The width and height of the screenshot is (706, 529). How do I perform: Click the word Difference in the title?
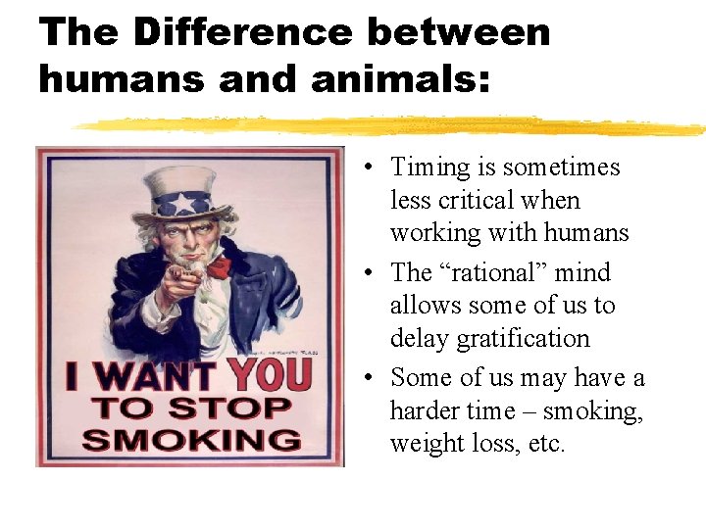pyautogui.click(x=241, y=32)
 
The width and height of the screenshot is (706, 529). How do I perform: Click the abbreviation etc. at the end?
pyautogui.click(x=546, y=444)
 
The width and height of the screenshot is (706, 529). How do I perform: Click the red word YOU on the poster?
pyautogui.click(x=270, y=375)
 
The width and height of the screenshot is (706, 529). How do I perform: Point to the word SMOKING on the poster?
pyautogui.click(x=191, y=438)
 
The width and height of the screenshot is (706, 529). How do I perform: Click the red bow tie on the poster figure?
pyautogui.click(x=218, y=266)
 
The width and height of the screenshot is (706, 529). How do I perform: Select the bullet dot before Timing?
pyautogui.click(x=364, y=168)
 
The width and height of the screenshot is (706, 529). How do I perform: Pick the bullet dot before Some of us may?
pyautogui.click(x=364, y=378)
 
